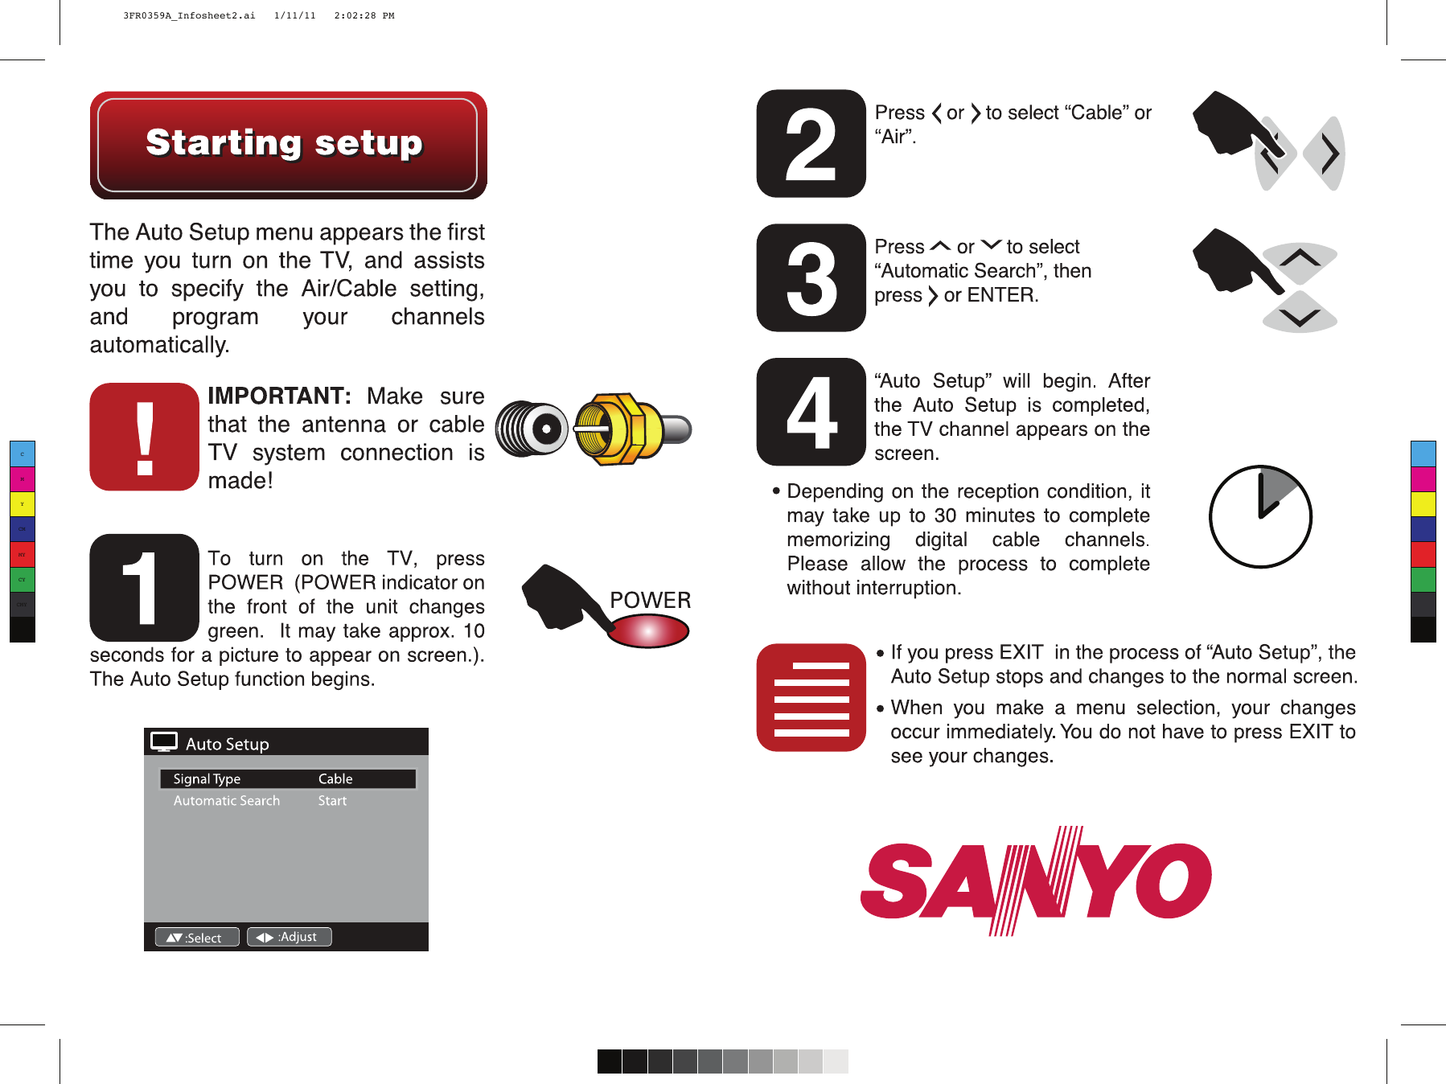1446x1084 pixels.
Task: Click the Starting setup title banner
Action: pyautogui.click(x=288, y=145)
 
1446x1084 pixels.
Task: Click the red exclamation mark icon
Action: pyautogui.click(x=145, y=437)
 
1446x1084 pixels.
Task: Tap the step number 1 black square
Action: pyautogui.click(x=145, y=588)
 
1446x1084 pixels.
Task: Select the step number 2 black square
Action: pyautogui.click(x=811, y=144)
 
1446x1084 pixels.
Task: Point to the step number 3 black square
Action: pyautogui.click(x=811, y=277)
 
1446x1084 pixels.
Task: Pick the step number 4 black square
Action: pyautogui.click(x=811, y=412)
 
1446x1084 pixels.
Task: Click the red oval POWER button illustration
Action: pyautogui.click(x=648, y=631)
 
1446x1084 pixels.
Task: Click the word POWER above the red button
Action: pyautogui.click(x=650, y=600)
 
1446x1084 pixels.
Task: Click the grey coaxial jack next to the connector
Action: pyautogui.click(x=532, y=429)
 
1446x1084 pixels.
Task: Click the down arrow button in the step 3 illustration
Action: pyautogui.click(x=1300, y=317)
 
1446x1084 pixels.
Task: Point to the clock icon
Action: pyautogui.click(x=1260, y=516)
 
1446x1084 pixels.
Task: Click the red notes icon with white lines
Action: pyautogui.click(x=811, y=697)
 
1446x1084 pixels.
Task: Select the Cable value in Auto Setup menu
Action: pyautogui.click(x=335, y=778)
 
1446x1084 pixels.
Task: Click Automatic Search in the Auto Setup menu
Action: pyautogui.click(x=227, y=801)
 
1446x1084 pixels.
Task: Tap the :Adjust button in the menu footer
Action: pyautogui.click(x=289, y=937)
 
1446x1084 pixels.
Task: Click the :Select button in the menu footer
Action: pyautogui.click(x=196, y=938)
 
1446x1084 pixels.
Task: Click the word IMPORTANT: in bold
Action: pyautogui.click(x=279, y=396)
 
